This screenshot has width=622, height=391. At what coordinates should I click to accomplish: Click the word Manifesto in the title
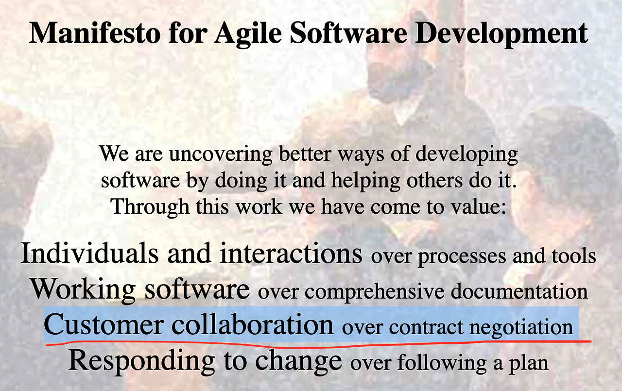pyautogui.click(x=95, y=33)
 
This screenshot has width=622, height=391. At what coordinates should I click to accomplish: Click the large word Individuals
pyautogui.click(x=90, y=253)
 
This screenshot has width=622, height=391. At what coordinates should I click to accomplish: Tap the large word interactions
pyautogui.click(x=291, y=253)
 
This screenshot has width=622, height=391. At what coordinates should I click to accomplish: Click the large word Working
pyautogui.click(x=83, y=289)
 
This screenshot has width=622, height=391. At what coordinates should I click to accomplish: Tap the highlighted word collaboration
pyautogui.click(x=253, y=324)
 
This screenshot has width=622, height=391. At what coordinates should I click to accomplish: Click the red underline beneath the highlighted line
pyautogui.click(x=318, y=345)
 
